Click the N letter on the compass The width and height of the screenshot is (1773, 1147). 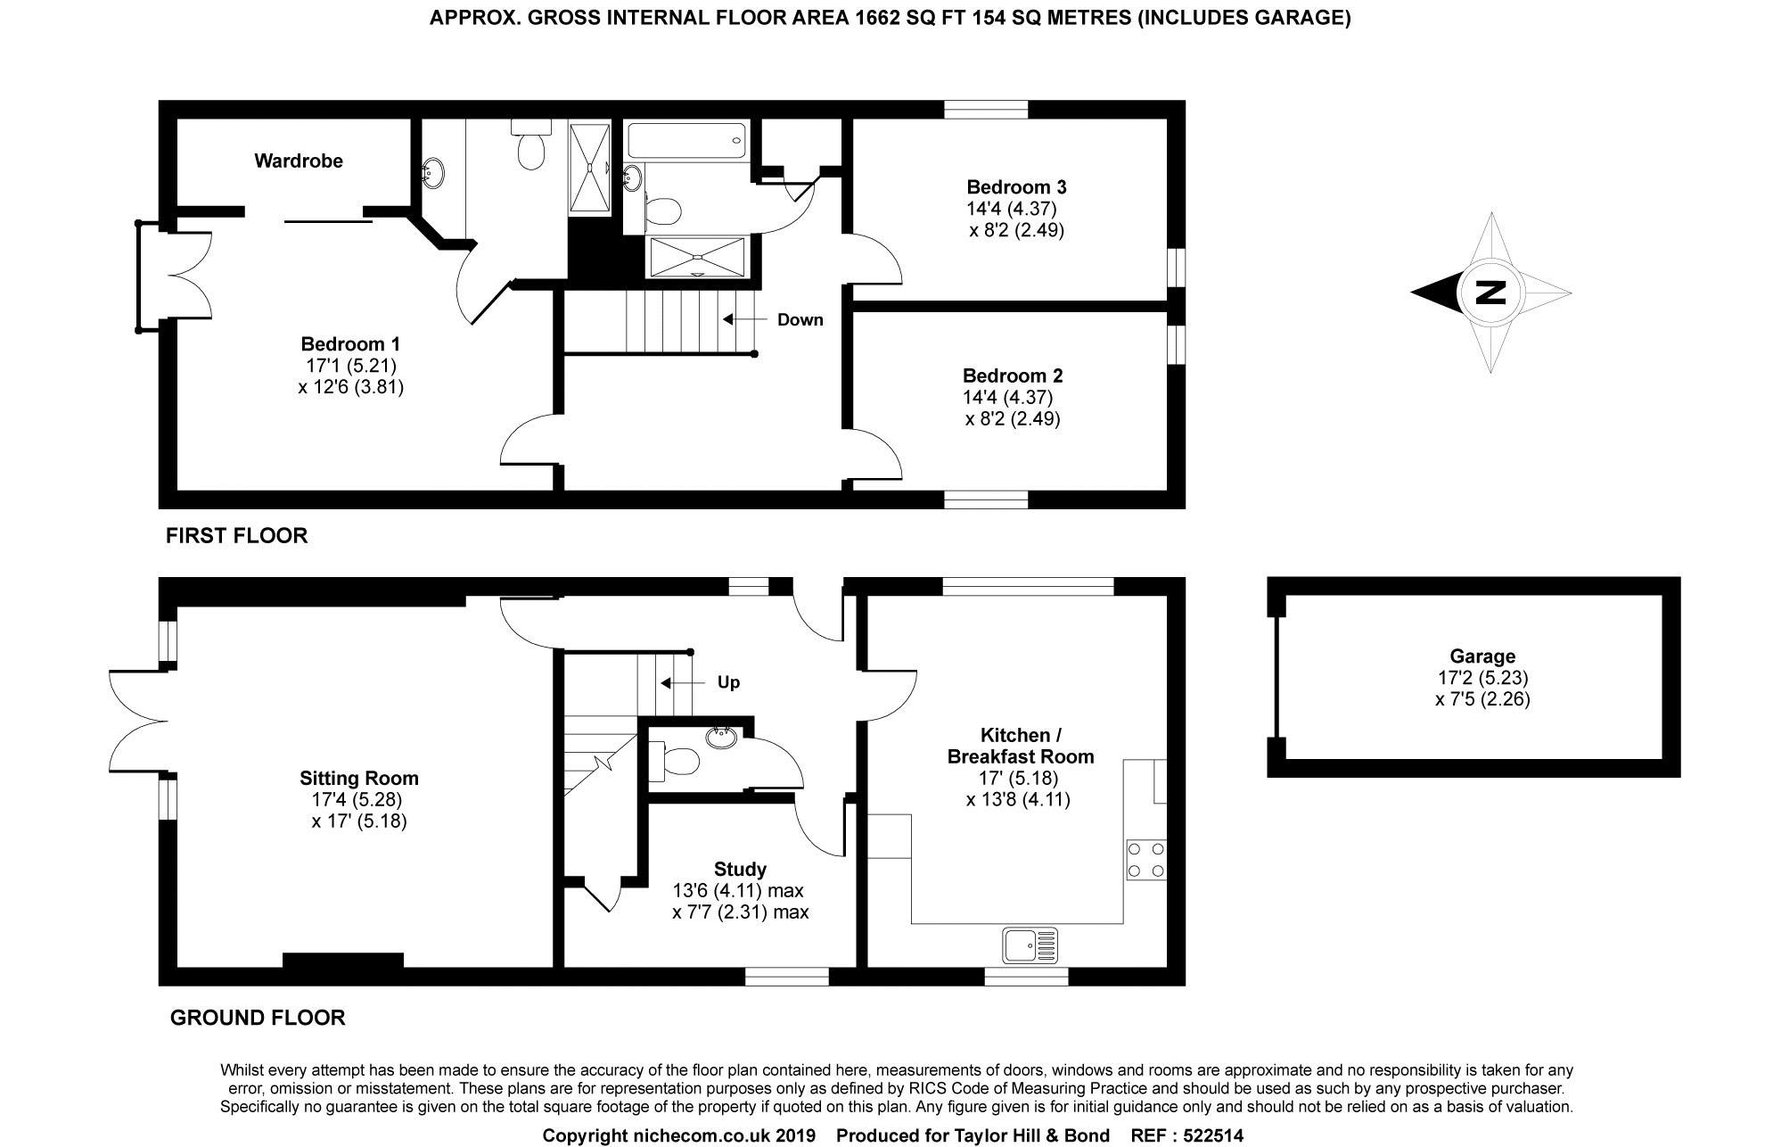tap(1490, 293)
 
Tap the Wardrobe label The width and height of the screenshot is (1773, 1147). tap(298, 161)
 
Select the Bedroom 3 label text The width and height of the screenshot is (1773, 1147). tap(1016, 187)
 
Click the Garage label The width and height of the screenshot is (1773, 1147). tap(1482, 656)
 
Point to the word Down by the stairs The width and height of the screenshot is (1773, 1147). tap(800, 320)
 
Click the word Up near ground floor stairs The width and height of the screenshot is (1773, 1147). tap(728, 682)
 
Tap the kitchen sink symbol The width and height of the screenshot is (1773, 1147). tap(1030, 945)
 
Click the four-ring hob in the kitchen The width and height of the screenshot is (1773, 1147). tap(1145, 859)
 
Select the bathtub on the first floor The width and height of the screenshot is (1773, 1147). tap(686, 140)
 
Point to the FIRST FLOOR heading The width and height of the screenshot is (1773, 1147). tap(236, 535)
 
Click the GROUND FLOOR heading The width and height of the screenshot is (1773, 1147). tap(257, 1018)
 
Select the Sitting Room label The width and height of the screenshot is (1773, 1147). tap(358, 778)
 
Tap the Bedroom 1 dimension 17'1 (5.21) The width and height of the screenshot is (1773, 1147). tap(350, 365)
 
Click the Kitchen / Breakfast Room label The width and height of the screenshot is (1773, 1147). tap(1020, 746)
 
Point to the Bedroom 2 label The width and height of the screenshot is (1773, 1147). tap(1012, 375)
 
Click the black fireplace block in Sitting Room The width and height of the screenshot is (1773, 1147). tap(342, 960)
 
